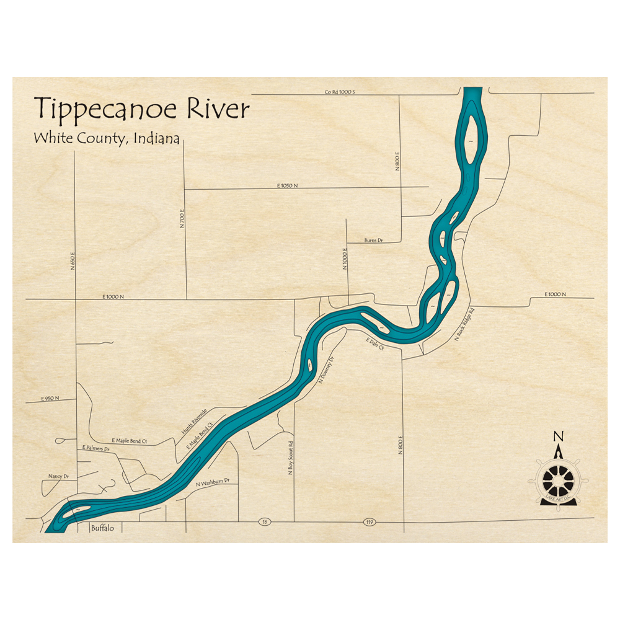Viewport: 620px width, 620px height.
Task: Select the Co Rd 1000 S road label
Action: pyautogui.click(x=339, y=92)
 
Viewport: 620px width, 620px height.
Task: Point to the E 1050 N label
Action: pyautogui.click(x=288, y=185)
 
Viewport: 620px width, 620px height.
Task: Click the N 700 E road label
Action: pyautogui.click(x=183, y=218)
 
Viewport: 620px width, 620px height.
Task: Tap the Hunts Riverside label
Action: pyautogui.click(x=193, y=428)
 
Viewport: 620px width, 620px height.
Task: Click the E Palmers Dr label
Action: pyautogui.click(x=95, y=447)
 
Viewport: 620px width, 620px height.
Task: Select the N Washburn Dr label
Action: pyautogui.click(x=213, y=482)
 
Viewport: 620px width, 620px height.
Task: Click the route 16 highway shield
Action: pyautogui.click(x=265, y=523)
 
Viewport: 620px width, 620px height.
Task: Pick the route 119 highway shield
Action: pyautogui.click(x=370, y=523)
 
